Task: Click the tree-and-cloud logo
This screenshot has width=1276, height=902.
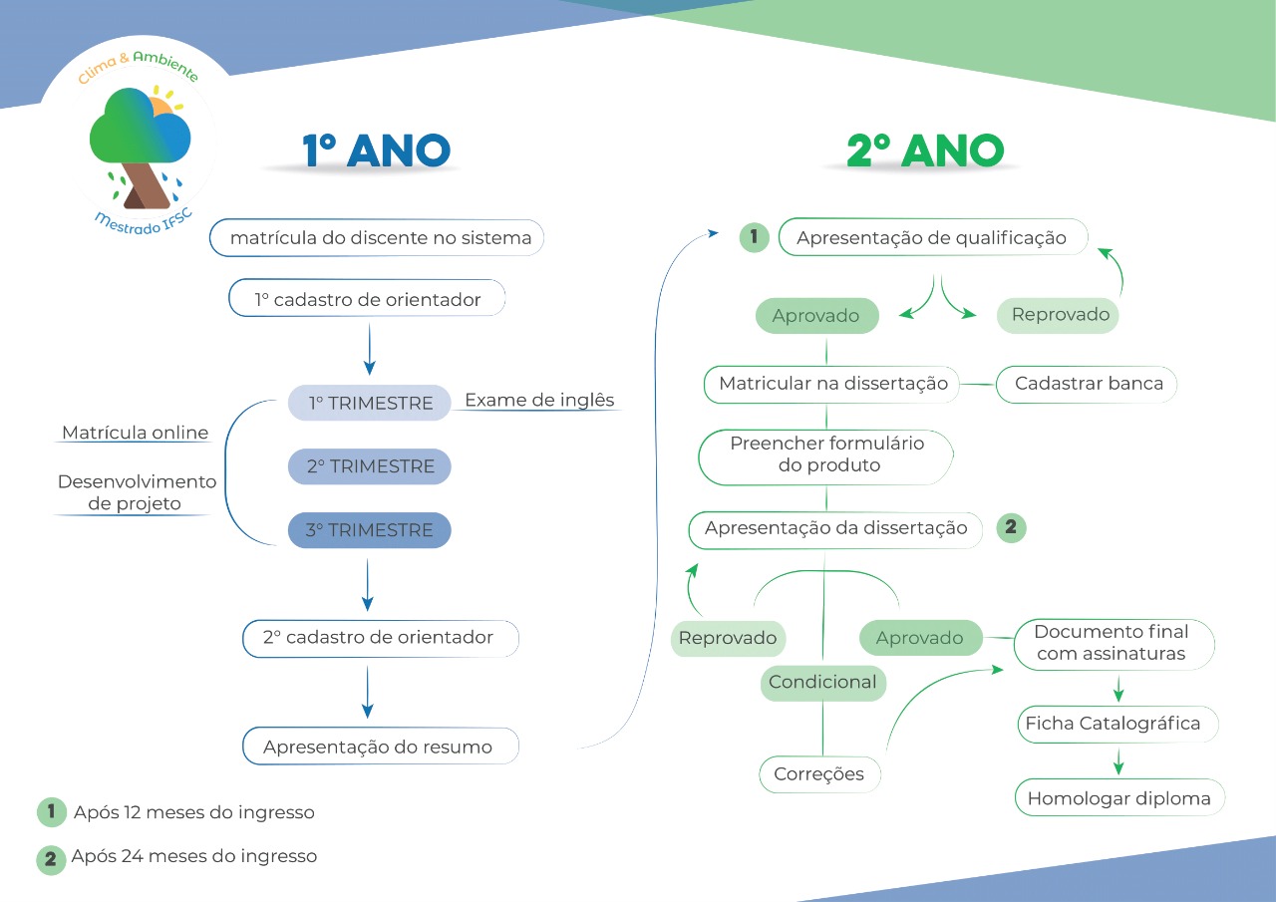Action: click(140, 145)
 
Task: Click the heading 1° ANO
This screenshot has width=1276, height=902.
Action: click(377, 150)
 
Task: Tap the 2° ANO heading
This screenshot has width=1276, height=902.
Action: click(924, 150)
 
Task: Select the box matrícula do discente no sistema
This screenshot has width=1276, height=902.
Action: click(377, 238)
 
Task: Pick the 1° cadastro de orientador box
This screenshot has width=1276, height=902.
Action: click(367, 299)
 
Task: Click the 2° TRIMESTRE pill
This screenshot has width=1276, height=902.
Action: click(370, 466)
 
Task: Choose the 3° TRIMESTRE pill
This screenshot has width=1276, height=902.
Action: click(370, 530)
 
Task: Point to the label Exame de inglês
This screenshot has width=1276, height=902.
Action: click(539, 401)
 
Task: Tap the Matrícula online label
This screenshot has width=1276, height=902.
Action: click(136, 433)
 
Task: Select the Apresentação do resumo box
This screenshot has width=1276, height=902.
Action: click(380, 747)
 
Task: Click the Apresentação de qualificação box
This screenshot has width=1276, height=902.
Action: click(931, 238)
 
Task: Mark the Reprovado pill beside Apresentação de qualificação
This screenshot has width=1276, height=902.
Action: click(1060, 315)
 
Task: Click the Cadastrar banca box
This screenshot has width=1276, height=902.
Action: click(1088, 384)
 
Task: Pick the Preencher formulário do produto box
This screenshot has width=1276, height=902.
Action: click(826, 454)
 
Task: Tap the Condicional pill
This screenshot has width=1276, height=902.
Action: click(822, 683)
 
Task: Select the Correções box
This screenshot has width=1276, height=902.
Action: click(819, 774)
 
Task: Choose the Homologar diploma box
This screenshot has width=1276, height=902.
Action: click(1118, 798)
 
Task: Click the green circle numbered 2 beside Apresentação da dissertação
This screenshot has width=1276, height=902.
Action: click(1011, 528)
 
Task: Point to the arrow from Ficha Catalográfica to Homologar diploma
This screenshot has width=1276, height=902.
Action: click(1118, 761)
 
